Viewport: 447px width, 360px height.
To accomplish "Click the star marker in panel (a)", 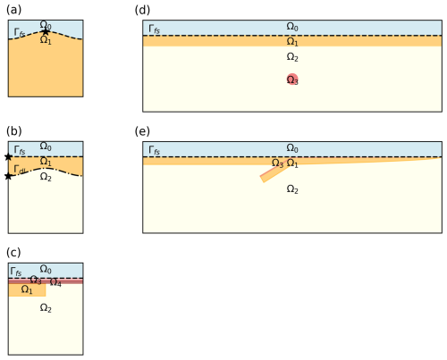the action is point(45,31).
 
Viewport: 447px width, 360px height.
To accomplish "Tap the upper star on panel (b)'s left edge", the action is point(8,156).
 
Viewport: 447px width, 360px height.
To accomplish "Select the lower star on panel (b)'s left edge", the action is point(8,176).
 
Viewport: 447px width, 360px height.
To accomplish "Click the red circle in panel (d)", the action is point(292,79).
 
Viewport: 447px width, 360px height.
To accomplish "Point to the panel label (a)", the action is point(13,10).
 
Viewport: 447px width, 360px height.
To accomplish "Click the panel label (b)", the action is point(13,131).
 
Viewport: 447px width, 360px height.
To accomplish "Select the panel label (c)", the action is point(13,253).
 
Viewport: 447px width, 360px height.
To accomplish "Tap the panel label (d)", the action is point(142,10).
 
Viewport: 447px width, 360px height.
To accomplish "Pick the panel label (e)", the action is point(142,131).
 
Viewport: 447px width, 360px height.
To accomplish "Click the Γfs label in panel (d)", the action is point(154,29).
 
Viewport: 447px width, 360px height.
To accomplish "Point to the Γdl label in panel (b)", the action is point(20,170).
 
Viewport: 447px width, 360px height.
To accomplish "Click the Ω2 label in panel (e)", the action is point(292,188).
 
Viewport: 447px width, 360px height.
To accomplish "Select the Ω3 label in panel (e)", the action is point(277,163).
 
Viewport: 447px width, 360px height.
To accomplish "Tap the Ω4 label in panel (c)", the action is point(55,281).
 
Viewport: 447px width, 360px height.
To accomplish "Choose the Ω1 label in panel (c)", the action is point(27,289).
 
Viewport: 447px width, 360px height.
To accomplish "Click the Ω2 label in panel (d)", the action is point(292,56).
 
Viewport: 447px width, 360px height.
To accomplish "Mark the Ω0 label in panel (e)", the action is point(292,147).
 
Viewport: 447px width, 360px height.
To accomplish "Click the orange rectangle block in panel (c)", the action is point(27,290).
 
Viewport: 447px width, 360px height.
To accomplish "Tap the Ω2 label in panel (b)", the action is point(46,177).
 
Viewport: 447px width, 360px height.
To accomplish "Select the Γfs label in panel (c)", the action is point(16,272).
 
